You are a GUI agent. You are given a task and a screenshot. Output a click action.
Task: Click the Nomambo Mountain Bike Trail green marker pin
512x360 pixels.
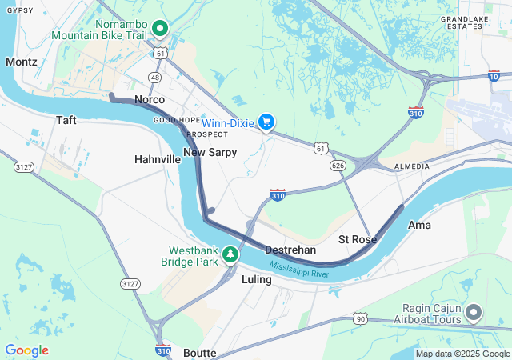pos(159,29)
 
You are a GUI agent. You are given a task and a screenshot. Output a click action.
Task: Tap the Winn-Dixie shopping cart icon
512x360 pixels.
pos(266,122)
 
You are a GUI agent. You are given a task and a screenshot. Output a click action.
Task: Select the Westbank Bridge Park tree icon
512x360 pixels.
pos(230,254)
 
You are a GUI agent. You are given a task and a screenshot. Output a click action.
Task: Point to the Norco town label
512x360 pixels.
pos(150,99)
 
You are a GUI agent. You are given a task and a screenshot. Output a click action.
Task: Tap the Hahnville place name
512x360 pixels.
pos(158,159)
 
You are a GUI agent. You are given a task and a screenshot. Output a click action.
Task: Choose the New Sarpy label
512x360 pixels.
pos(210,152)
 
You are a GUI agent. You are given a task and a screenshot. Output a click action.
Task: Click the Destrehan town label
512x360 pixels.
pos(290,250)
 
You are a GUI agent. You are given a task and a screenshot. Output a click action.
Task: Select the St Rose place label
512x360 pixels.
pos(357,239)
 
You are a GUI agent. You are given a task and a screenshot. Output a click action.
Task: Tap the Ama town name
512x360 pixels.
pos(419,225)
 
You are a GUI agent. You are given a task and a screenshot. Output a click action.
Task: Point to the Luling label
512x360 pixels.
pos(257,280)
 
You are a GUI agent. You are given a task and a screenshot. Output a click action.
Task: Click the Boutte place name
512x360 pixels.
pos(199,352)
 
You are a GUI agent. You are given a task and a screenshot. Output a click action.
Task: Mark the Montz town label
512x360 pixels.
pos(21,62)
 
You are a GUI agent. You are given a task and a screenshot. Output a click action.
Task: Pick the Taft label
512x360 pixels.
pos(66,120)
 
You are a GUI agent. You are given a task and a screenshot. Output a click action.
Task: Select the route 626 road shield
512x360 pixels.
pos(338,165)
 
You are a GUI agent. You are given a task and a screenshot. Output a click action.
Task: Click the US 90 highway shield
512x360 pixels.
pos(362,318)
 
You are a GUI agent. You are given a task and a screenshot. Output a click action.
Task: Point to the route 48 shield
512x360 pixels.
pos(155,78)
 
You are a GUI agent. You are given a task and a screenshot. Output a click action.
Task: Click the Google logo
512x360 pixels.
pos(26,350)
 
